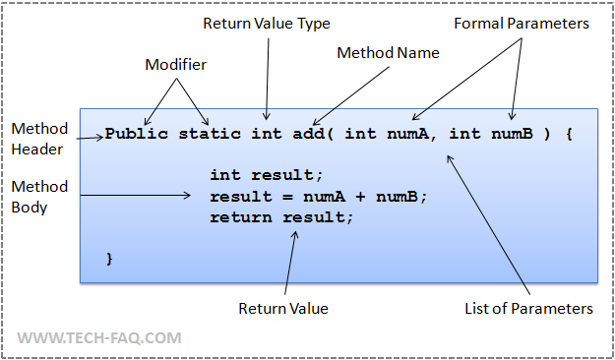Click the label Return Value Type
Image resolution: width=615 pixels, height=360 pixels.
(x=267, y=23)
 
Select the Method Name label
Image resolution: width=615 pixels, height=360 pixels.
(x=388, y=52)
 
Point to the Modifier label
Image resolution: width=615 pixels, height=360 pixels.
(x=176, y=64)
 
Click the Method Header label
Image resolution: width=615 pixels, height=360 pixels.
(x=39, y=138)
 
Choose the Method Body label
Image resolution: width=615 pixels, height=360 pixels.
(x=39, y=196)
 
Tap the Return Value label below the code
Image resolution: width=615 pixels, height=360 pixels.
(x=283, y=309)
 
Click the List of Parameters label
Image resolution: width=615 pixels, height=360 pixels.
(x=528, y=309)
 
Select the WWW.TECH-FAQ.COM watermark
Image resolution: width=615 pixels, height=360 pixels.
(x=99, y=337)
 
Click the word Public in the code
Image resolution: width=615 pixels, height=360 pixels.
(x=137, y=133)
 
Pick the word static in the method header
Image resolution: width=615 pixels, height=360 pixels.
(x=210, y=133)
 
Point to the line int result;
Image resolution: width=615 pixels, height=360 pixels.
(x=266, y=175)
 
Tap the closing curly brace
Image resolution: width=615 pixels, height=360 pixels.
(x=110, y=258)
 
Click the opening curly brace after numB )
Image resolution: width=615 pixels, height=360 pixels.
(x=569, y=133)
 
